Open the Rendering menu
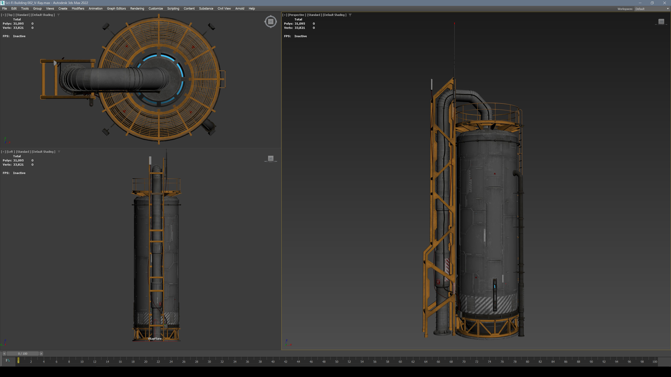coord(137,9)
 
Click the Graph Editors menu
coord(116,9)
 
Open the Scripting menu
coord(173,9)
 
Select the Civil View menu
coord(224,9)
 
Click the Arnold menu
coord(239,9)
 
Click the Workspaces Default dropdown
coord(651,9)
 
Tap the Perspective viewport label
coord(296,15)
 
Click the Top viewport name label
coord(10,15)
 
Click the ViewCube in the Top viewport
coord(271,22)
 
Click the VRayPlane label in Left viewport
coord(155,338)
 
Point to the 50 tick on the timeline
coord(337,361)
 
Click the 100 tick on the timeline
coord(654,361)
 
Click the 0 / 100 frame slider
coord(23,354)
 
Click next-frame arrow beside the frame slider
coord(41,354)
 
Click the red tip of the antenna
coord(454,23)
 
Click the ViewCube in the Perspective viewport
coord(661,22)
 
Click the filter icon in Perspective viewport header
coord(350,15)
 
